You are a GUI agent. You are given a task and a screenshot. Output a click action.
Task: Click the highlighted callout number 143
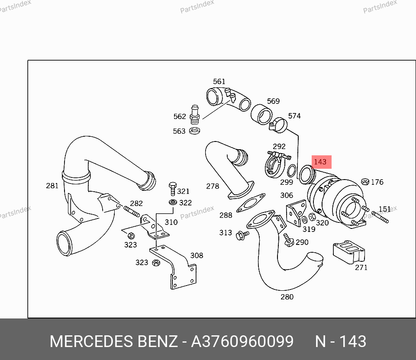coord(320,162)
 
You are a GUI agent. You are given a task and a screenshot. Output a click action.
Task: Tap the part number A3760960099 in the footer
coord(242,341)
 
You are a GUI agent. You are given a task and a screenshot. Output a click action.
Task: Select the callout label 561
coord(219,81)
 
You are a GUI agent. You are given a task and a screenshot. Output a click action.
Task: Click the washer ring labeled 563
coord(194,131)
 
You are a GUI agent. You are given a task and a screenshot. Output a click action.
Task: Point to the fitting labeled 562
coord(195,115)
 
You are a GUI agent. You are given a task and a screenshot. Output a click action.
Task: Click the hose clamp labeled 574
coord(279,125)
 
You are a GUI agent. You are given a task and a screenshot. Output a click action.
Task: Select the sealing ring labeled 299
coord(292,170)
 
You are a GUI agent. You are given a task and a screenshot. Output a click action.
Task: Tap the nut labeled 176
coord(365,182)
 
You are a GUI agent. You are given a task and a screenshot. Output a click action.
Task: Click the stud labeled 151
coord(380,217)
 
